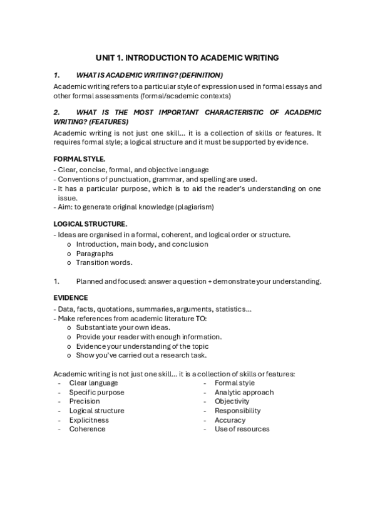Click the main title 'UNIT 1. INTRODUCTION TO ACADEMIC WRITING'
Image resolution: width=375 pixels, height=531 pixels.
(x=187, y=57)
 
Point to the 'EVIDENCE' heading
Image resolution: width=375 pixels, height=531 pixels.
(x=71, y=297)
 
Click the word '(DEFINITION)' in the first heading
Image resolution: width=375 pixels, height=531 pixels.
(x=202, y=75)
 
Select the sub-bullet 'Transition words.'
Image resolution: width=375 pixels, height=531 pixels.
(x=104, y=263)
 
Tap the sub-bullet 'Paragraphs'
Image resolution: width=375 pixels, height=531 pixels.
(x=95, y=254)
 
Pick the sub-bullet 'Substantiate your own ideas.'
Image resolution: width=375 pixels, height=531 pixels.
(x=123, y=327)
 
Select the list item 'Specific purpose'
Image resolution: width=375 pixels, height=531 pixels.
(x=96, y=392)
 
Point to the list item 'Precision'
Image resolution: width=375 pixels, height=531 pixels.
(x=85, y=401)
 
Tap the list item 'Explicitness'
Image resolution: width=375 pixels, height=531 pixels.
(x=89, y=420)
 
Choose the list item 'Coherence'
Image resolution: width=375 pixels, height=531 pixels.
(x=87, y=430)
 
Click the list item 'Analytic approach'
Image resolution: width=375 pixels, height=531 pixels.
(x=244, y=392)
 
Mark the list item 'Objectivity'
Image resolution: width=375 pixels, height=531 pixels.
(x=232, y=401)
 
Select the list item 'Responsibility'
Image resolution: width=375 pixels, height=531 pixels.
(x=237, y=411)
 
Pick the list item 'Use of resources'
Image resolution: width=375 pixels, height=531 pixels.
(x=242, y=430)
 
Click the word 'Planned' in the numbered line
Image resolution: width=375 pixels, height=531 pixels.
(x=89, y=281)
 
